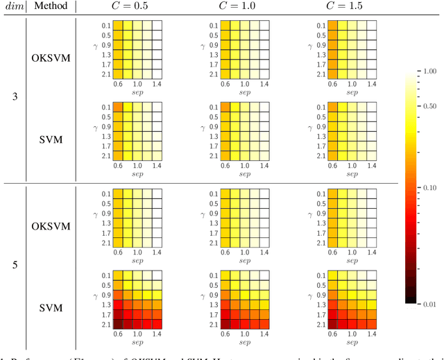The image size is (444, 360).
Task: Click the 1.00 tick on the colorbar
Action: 429,71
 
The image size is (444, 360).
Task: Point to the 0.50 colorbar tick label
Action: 429,106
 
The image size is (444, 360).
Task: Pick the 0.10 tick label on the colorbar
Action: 429,187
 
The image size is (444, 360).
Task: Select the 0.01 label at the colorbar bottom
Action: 429,304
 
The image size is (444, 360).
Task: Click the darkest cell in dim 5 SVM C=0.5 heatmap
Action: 118,323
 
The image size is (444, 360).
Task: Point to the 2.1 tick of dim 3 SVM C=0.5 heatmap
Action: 106,155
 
